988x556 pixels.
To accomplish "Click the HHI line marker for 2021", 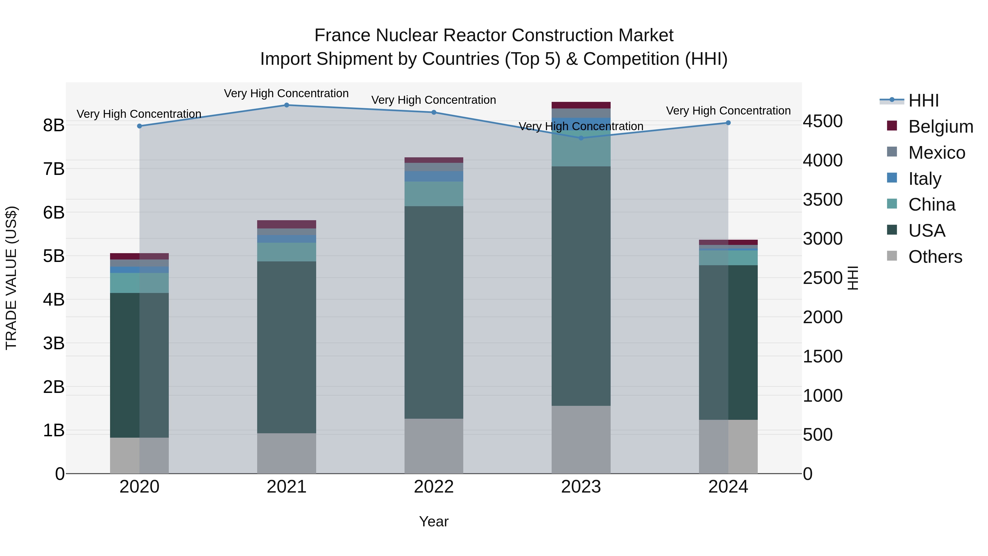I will point(287,105).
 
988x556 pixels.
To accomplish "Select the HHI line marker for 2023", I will point(581,138).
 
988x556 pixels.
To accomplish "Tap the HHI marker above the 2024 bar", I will point(728,123).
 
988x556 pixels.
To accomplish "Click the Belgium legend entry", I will point(941,127).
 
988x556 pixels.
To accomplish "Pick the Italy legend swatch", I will point(892,178).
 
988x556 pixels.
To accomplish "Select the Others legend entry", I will point(935,257).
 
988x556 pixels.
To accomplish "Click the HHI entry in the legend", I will point(923,100).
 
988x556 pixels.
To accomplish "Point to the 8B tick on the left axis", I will point(54,125).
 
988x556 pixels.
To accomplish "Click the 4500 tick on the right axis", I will point(823,121).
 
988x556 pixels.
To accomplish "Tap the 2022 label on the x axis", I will point(434,487).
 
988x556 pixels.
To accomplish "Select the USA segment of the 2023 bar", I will point(581,286).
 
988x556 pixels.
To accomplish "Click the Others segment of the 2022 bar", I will point(434,446).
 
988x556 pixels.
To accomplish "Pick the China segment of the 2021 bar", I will point(287,252).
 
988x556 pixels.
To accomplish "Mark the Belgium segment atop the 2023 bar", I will point(581,105).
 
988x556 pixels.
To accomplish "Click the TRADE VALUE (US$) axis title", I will point(12,278).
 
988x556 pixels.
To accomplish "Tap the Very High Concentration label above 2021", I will point(286,94).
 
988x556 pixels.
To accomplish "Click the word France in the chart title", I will point(343,35).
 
